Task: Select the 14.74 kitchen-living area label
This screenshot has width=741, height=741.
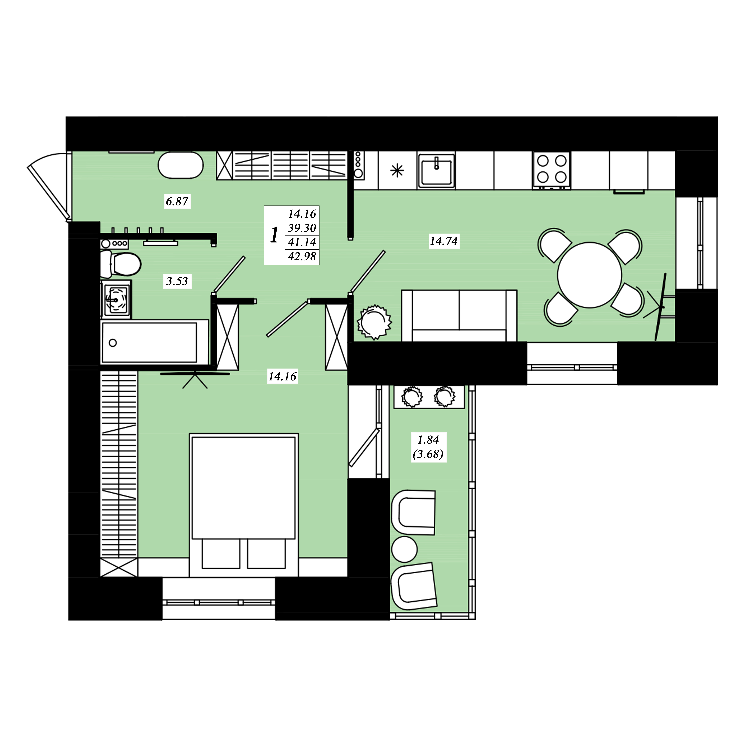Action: pyautogui.click(x=444, y=241)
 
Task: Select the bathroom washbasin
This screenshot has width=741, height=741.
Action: pyautogui.click(x=116, y=299)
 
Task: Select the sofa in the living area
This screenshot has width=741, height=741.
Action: pyautogui.click(x=459, y=315)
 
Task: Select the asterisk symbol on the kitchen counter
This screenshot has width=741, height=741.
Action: pyautogui.click(x=397, y=170)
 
